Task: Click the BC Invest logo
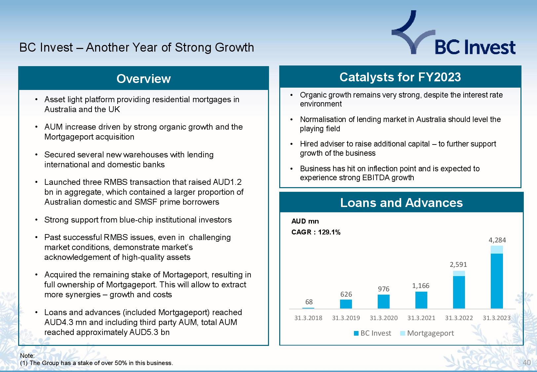pos(453,32)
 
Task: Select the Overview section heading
pos(144,79)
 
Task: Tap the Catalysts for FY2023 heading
pos(400,77)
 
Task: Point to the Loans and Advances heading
pos(401,202)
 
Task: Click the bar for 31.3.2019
pos(346,304)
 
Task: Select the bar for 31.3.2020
pos(384,302)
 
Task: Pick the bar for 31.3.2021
pos(421,300)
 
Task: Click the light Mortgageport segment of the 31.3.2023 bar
pos(497,250)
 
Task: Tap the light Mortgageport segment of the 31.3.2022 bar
pos(459,273)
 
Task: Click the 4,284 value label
pos(497,240)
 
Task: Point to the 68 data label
pos(309,302)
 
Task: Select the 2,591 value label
pos(458,264)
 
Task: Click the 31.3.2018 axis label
pos(308,318)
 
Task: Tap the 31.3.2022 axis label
pos(459,318)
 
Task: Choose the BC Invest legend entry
pos(372,333)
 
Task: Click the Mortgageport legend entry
pos(427,333)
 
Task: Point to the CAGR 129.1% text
pos(316,232)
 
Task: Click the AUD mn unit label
pos(305,221)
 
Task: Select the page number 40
pos(526,362)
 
